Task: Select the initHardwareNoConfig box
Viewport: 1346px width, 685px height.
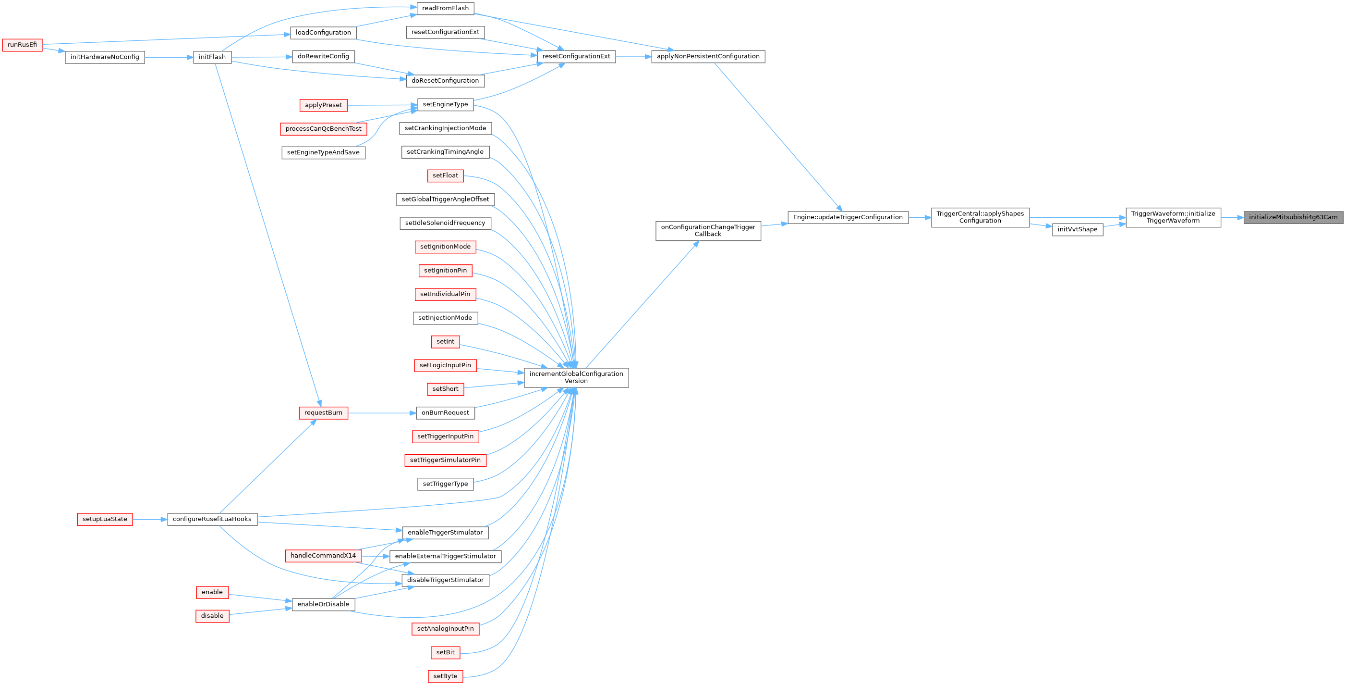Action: point(105,57)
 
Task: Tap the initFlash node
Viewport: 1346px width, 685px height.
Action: point(212,57)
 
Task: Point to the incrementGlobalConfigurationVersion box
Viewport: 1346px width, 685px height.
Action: point(576,377)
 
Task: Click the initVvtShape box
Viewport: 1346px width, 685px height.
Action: point(1077,230)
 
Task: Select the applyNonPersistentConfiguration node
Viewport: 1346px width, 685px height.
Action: point(707,56)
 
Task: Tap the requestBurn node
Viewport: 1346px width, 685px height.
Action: point(323,413)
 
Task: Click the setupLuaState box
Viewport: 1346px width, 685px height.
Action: point(105,519)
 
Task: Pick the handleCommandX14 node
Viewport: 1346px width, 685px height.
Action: point(323,556)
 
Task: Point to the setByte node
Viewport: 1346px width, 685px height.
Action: point(445,677)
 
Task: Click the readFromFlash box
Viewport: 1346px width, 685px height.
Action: point(445,8)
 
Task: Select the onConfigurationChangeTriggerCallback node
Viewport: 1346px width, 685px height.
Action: point(707,231)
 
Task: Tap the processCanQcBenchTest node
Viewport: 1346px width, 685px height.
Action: point(323,129)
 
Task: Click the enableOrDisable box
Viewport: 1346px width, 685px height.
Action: point(323,604)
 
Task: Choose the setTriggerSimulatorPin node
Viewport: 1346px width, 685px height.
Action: point(445,460)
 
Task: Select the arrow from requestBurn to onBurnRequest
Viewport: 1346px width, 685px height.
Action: point(381,413)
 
